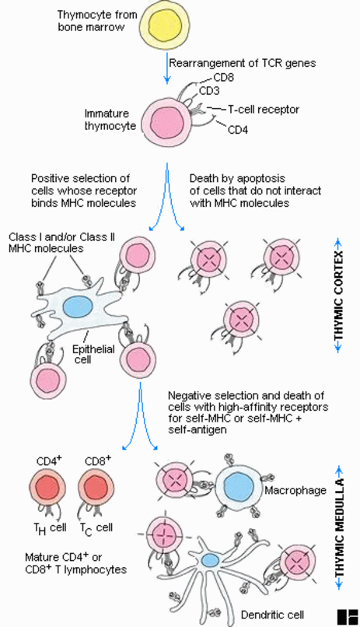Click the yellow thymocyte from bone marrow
point(165,25)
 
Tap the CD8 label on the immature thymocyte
point(223,77)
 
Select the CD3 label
point(209,91)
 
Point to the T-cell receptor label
point(264,109)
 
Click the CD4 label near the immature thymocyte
point(238,130)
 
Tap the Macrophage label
point(295,490)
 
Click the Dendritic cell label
point(272,615)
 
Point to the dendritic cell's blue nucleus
point(208,560)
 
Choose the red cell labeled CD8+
point(96,488)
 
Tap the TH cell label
point(50,529)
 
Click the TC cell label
point(96,529)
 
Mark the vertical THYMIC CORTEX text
point(338,296)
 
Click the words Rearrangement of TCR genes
point(243,63)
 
